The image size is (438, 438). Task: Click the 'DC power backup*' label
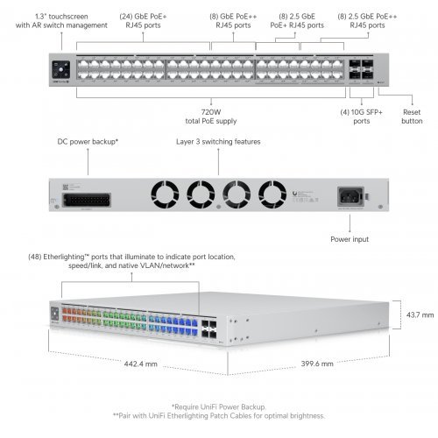point(88,141)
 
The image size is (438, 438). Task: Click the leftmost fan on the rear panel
point(164,192)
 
